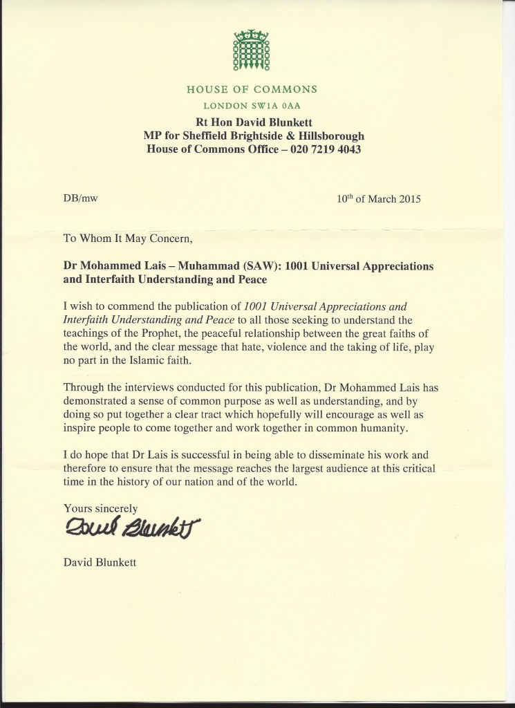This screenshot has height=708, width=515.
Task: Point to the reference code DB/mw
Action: pos(79,199)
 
